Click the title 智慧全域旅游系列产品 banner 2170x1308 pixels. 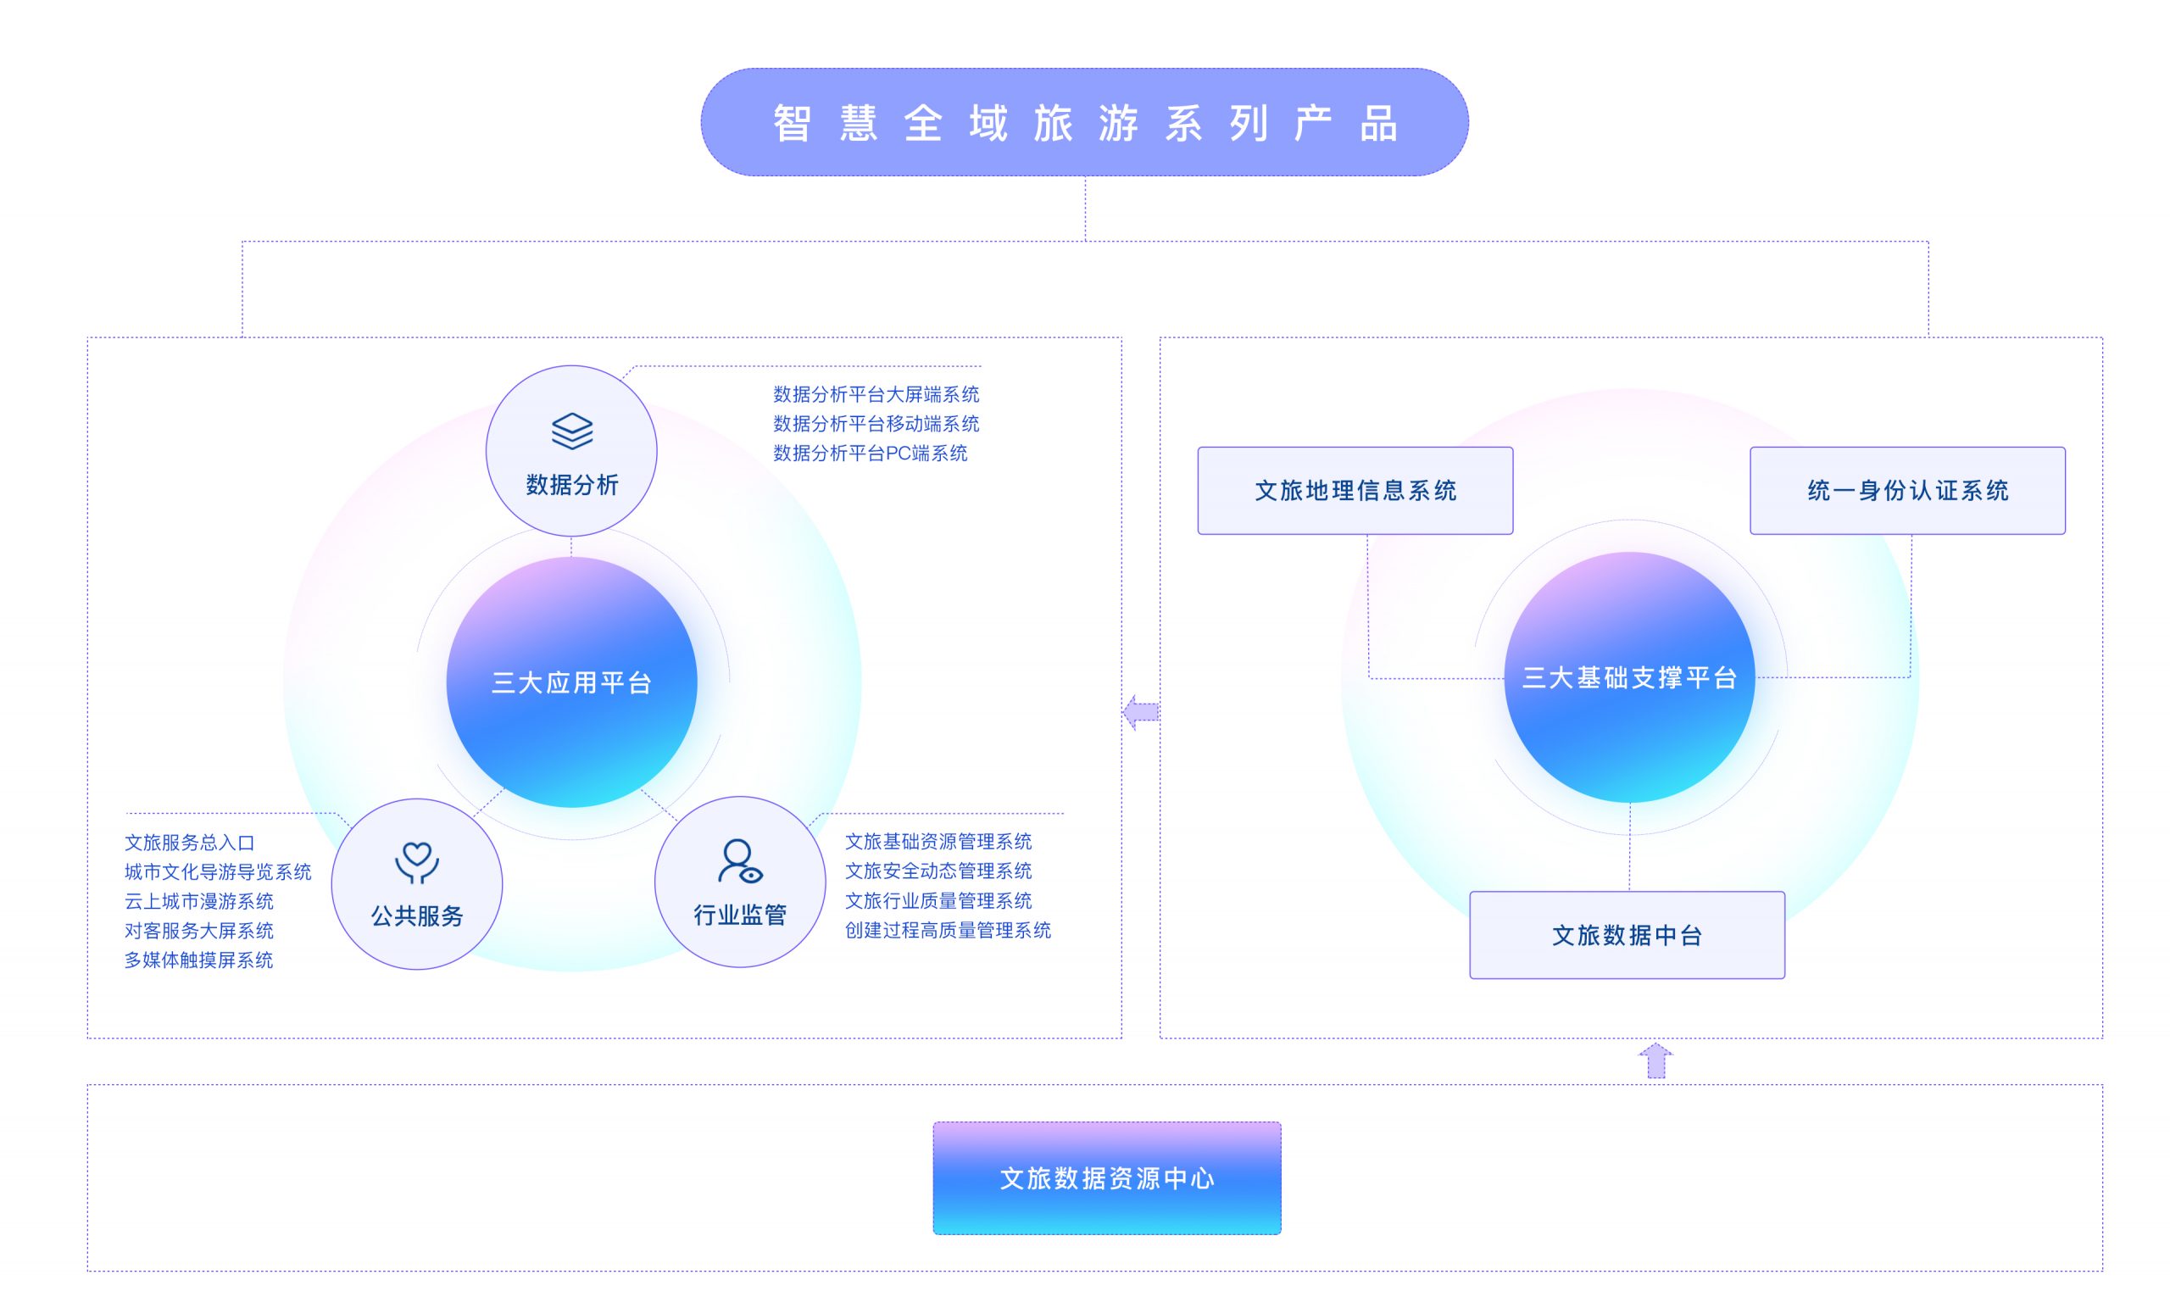(1084, 122)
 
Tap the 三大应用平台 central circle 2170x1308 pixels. (571, 682)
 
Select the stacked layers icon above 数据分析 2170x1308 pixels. (571, 431)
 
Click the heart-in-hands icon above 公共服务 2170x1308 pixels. (416, 862)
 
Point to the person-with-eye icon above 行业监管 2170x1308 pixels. (740, 860)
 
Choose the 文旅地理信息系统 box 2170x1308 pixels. (1355, 491)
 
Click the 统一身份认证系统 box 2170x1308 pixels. (1906, 491)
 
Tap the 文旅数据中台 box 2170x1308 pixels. (1627, 934)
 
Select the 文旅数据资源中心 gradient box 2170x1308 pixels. (1106, 1177)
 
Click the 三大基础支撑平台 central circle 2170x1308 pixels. (1629, 677)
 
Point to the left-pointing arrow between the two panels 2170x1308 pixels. (1141, 712)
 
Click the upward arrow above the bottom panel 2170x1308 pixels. (1655, 1060)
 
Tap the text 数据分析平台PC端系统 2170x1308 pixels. (870, 454)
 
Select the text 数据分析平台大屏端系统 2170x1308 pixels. (876, 394)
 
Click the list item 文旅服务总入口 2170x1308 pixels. (189, 843)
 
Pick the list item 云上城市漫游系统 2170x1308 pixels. (199, 901)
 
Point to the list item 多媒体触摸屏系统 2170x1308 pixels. (199, 960)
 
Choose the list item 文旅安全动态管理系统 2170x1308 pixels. (938, 871)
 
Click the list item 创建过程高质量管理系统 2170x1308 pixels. (948, 930)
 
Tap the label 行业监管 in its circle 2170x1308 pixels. (740, 916)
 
